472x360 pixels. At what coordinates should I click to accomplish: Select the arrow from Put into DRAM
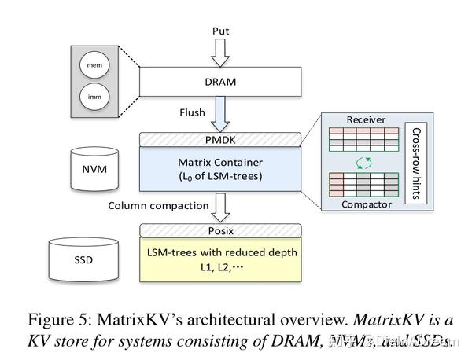[220, 53]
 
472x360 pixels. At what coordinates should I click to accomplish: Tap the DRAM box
[220, 81]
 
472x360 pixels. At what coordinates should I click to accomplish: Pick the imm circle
[94, 97]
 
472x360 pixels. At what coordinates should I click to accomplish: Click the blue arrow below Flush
[220, 114]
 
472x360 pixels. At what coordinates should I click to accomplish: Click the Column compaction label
[153, 206]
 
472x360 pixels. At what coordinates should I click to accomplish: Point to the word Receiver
[366, 119]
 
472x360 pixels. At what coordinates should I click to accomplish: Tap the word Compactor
[366, 204]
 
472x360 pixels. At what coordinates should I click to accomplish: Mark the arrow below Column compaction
[220, 208]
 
